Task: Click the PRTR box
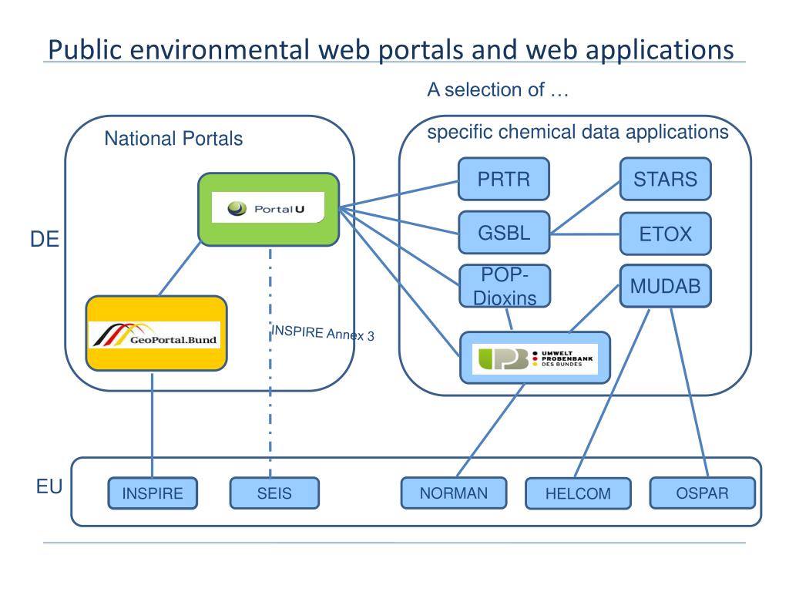[x=504, y=180]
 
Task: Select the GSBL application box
[x=504, y=233]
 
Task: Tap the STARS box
[x=665, y=180]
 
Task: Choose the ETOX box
[x=665, y=234]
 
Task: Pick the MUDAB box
[x=665, y=287]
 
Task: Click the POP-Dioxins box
[x=504, y=286]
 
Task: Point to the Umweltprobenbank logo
[x=535, y=358]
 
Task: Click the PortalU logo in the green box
[x=267, y=208]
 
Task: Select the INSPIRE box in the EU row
[x=152, y=494]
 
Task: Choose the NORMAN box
[x=454, y=493]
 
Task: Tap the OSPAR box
[x=702, y=493]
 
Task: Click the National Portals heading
[x=173, y=140]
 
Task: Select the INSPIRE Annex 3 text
[x=323, y=335]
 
